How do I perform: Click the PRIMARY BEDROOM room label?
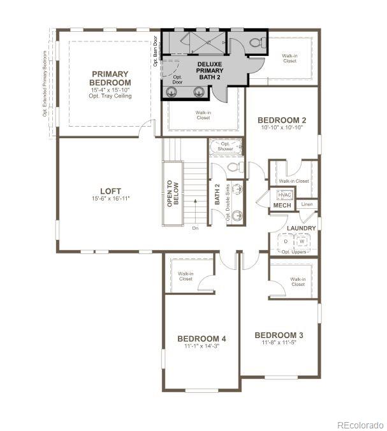pyautogui.click(x=110, y=78)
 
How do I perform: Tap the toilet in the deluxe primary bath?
pyautogui.click(x=256, y=42)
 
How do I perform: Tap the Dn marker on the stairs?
pyautogui.click(x=195, y=227)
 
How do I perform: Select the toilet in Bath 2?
pyautogui.click(x=234, y=168)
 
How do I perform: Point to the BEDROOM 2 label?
pyautogui.click(x=282, y=120)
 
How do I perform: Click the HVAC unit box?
pyautogui.click(x=284, y=195)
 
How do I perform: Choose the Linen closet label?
pyautogui.click(x=307, y=204)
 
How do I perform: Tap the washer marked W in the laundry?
pyautogui.click(x=303, y=242)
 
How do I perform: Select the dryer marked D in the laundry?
pyautogui.click(x=286, y=242)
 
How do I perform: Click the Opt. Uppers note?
pyautogui.click(x=293, y=252)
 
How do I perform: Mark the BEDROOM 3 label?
pyautogui.click(x=279, y=335)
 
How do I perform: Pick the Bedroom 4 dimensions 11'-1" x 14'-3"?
pyautogui.click(x=201, y=346)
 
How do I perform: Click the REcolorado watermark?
pyautogui.click(x=360, y=425)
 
